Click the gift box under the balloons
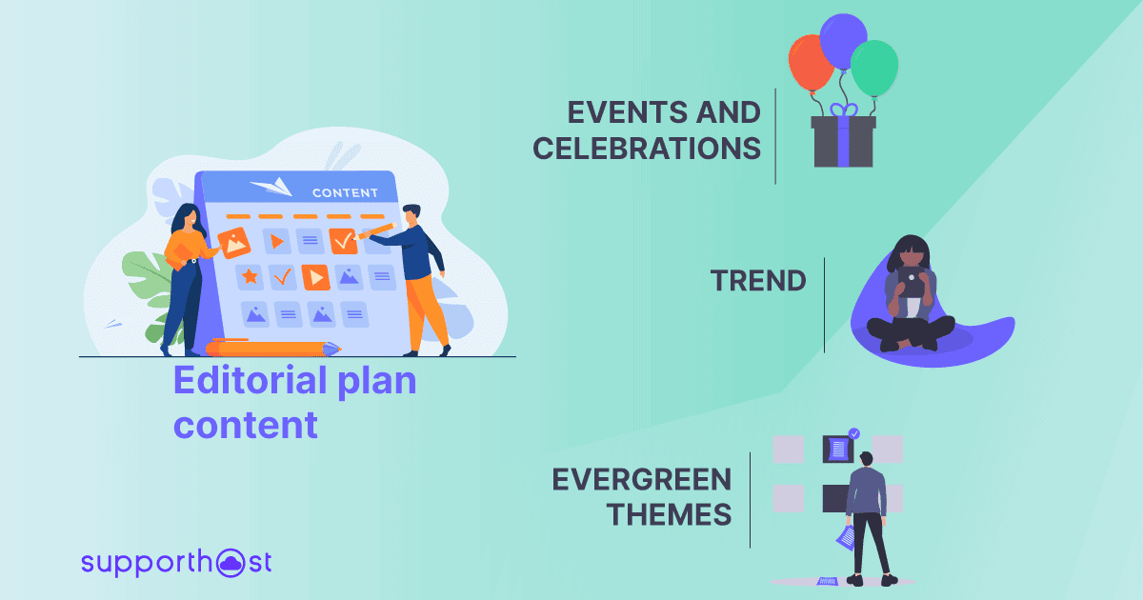point(843,143)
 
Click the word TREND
point(758,280)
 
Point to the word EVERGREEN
point(642,479)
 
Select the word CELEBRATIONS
point(647,149)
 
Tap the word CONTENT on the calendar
point(345,193)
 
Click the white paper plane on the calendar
point(271,186)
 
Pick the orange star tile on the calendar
point(251,276)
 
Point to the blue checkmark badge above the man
point(854,433)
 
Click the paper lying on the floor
point(827,580)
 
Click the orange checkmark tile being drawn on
point(343,241)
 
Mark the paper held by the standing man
point(845,538)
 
